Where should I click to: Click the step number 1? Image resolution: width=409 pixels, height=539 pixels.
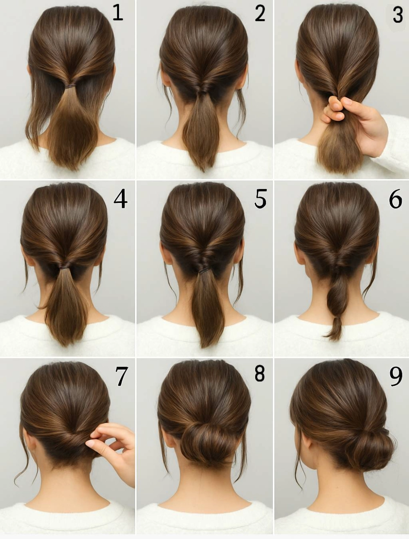[x=117, y=13]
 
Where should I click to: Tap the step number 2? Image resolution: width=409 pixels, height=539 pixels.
[x=260, y=13]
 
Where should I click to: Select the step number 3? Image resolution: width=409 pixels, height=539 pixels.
[x=398, y=15]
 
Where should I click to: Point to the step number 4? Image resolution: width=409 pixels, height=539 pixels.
[x=120, y=200]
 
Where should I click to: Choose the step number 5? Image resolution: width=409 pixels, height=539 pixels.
[x=260, y=199]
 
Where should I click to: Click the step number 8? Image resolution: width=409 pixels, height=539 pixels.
[x=259, y=374]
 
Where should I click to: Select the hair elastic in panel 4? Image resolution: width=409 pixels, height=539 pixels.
[x=65, y=266]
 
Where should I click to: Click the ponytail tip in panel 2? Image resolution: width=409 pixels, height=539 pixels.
[x=203, y=169]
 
